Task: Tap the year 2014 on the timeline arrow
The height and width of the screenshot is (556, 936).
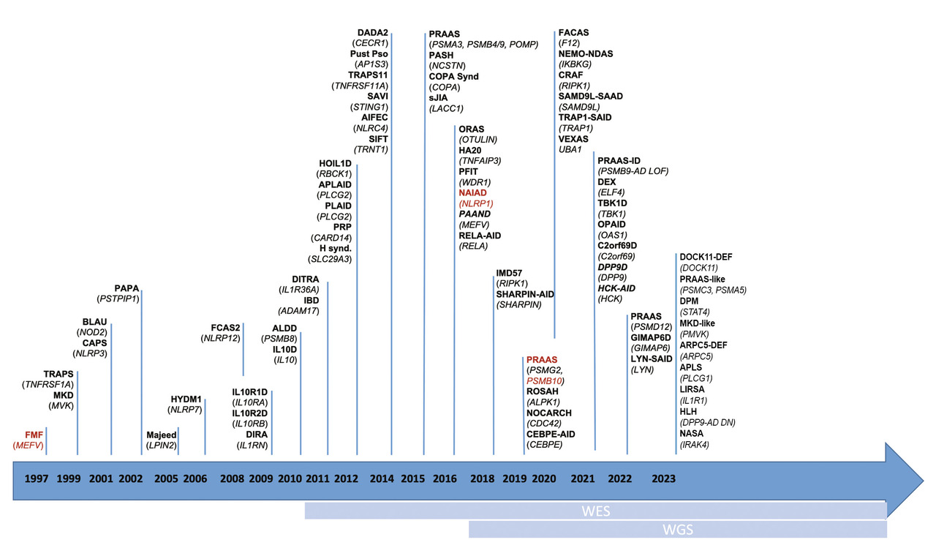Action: pos(382,479)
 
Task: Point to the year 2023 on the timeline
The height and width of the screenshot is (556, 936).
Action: pos(663,479)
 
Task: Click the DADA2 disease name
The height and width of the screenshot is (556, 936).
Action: pos(372,32)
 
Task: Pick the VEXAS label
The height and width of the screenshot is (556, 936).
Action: pos(573,139)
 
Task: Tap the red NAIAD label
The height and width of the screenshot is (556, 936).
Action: pos(472,192)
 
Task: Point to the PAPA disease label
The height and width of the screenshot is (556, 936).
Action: pos(127,288)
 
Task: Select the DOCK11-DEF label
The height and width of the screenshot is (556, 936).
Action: pos(706,257)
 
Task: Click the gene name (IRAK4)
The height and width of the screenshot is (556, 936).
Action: pos(694,444)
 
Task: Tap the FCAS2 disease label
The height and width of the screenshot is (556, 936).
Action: pos(225,327)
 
